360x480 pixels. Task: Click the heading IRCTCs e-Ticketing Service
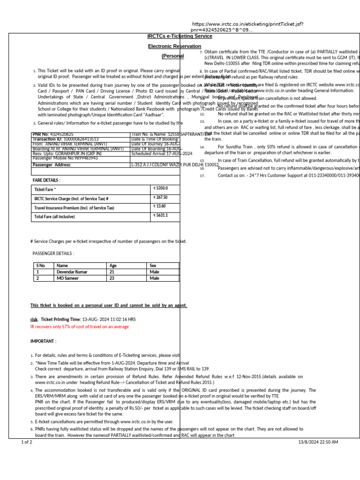(180, 36)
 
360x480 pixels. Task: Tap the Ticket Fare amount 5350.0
(161, 188)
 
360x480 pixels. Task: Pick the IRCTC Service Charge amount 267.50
(161, 198)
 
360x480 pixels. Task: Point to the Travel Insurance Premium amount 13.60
(160, 207)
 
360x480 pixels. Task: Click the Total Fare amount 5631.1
(161, 216)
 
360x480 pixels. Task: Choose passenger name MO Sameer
(68, 278)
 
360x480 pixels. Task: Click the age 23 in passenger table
(112, 278)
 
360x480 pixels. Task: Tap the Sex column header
(153, 266)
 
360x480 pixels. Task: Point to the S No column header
(41, 266)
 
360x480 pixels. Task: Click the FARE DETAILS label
(46, 180)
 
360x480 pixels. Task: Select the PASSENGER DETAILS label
(53, 254)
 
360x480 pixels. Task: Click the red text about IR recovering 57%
(79, 327)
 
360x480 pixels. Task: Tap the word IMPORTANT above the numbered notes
(43, 341)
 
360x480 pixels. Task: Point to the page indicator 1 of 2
(27, 442)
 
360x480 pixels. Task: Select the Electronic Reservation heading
(174, 46)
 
